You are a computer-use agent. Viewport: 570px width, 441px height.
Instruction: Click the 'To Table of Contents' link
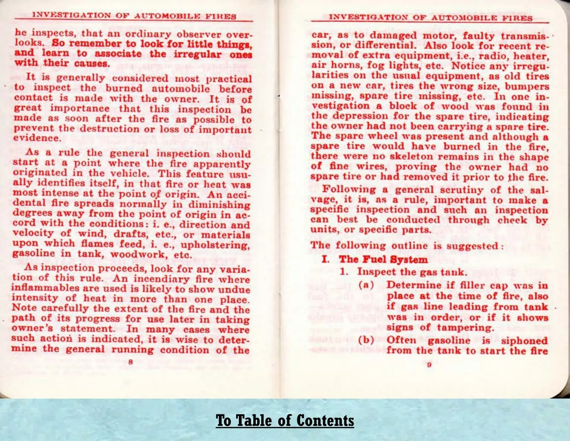[x=285, y=420]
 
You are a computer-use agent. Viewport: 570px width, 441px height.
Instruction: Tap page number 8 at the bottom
[x=130, y=362]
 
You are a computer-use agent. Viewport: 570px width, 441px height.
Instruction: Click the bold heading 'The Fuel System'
[x=383, y=259]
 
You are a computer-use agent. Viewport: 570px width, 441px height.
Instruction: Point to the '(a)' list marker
[x=366, y=285]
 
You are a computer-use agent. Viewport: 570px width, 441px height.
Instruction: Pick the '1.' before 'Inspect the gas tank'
[x=344, y=272]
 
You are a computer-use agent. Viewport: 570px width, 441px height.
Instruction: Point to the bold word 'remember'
[x=92, y=43]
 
